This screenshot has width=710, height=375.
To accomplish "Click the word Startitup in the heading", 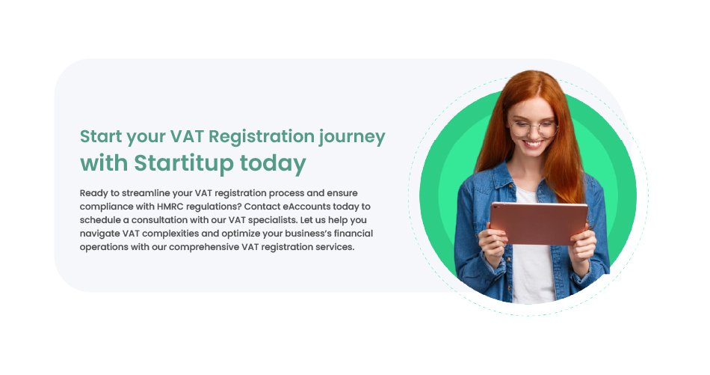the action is point(183,163).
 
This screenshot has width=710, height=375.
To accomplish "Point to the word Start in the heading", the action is point(101,136).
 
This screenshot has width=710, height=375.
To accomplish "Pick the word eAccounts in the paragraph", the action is point(307,207).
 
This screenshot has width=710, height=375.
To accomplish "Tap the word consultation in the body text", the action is point(177,220).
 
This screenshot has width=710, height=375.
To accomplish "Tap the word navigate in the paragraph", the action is point(99,234).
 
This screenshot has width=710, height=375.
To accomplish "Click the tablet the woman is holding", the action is point(539,223).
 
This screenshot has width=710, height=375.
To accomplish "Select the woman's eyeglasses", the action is point(534,129).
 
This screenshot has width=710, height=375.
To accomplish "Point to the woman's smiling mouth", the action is point(534,144).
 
